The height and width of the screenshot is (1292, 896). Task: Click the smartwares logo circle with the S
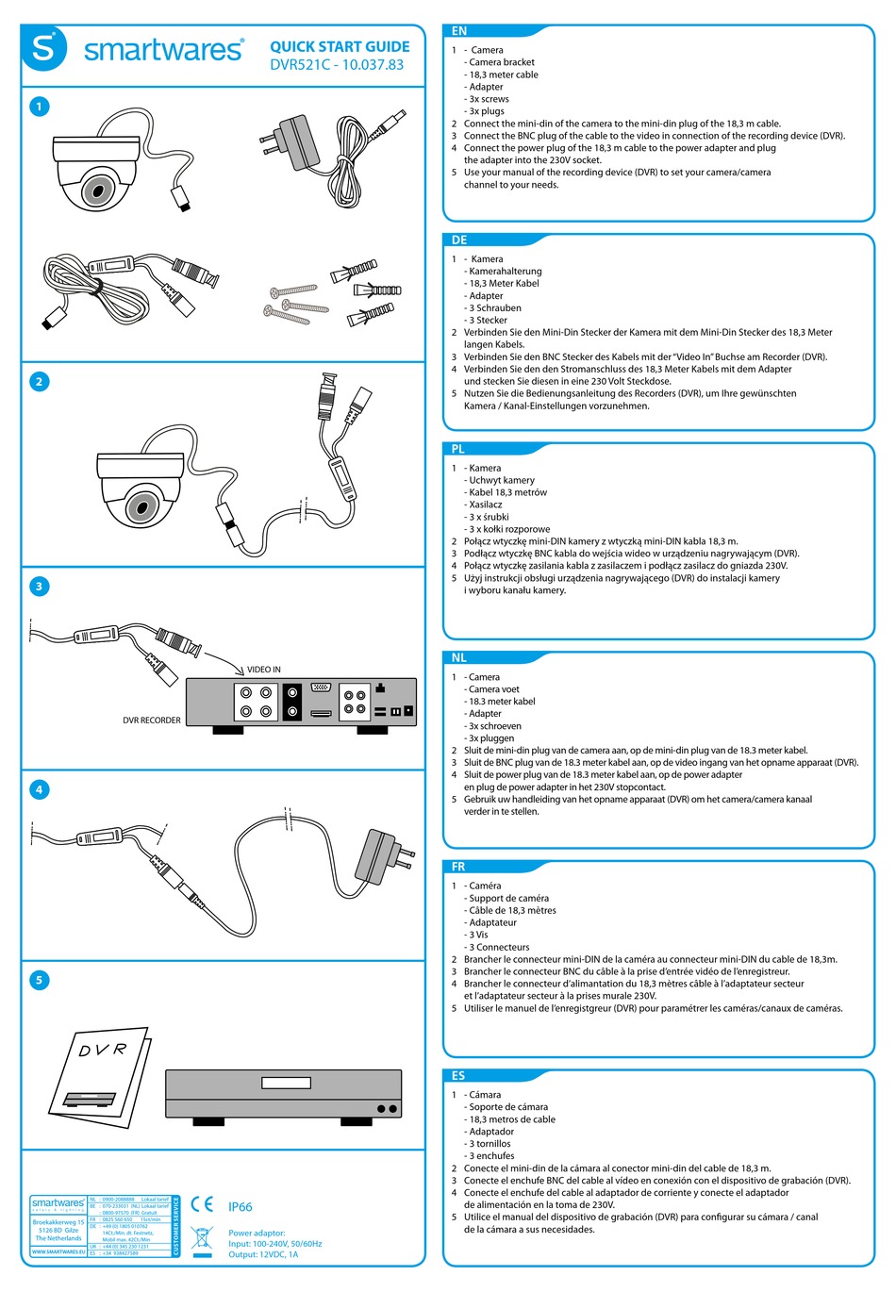pyautogui.click(x=44, y=48)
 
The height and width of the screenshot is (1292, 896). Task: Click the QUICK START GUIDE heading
pyautogui.click(x=340, y=46)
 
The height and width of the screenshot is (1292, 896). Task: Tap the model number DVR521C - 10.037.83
pyautogui.click(x=336, y=65)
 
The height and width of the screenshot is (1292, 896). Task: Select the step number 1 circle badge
pyautogui.click(x=39, y=107)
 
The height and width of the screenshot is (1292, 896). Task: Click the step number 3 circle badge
pyautogui.click(x=39, y=587)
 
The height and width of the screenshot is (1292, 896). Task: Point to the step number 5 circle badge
pyautogui.click(x=39, y=980)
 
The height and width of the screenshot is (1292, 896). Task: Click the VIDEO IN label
pyautogui.click(x=264, y=670)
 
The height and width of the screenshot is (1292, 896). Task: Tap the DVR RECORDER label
pyautogui.click(x=151, y=721)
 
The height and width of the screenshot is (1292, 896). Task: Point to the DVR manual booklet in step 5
pyautogui.click(x=102, y=1075)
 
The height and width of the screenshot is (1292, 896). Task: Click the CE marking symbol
pyautogui.click(x=202, y=1204)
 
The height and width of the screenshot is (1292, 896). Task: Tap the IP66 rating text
pyautogui.click(x=241, y=1207)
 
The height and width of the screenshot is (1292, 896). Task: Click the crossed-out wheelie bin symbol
pyautogui.click(x=202, y=1239)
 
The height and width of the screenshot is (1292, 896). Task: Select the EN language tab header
pyautogui.click(x=459, y=31)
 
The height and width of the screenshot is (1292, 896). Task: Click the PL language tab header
pyautogui.click(x=458, y=449)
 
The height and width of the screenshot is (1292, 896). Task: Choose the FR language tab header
pyautogui.click(x=458, y=867)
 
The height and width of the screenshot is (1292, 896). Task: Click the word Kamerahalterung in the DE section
pyautogui.click(x=506, y=272)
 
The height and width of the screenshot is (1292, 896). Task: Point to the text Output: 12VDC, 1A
pyautogui.click(x=263, y=1254)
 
